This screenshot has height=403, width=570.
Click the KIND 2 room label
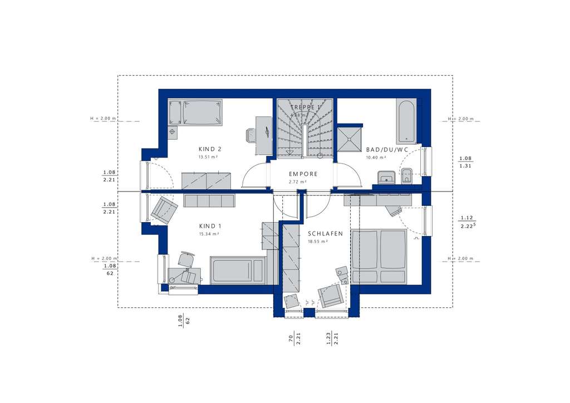(x=210, y=149)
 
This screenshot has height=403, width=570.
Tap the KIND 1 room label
(x=210, y=226)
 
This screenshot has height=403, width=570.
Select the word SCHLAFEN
(x=326, y=234)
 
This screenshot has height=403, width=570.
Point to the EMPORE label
(x=303, y=174)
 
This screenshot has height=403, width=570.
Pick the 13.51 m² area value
(x=208, y=157)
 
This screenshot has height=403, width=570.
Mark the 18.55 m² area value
(x=318, y=242)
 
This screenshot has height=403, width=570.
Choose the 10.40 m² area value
(x=375, y=158)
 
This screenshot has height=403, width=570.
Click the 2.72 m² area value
(x=298, y=182)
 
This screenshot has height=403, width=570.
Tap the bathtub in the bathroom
(x=406, y=121)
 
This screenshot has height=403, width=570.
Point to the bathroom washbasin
(x=385, y=178)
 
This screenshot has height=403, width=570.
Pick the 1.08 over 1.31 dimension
(x=465, y=161)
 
